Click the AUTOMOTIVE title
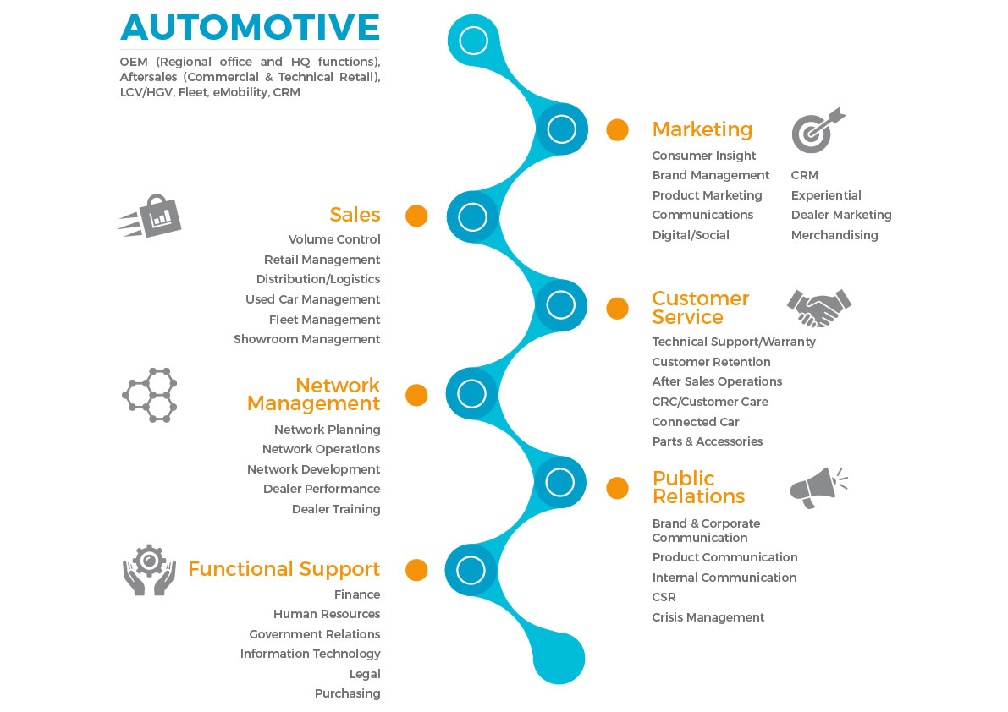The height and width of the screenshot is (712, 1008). click(x=250, y=27)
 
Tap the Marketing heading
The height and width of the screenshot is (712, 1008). click(x=702, y=129)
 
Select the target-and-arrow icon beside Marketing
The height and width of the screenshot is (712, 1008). click(x=818, y=129)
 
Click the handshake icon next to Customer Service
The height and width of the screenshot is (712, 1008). click(x=818, y=308)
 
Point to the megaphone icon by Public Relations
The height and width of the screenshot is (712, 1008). click(x=818, y=487)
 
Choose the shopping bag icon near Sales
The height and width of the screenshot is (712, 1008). click(x=151, y=217)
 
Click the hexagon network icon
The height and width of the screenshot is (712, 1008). click(x=150, y=395)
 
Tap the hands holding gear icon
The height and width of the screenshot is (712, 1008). click(x=149, y=570)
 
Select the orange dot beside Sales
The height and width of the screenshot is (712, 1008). click(x=416, y=216)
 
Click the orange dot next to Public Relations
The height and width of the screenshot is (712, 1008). click(x=618, y=488)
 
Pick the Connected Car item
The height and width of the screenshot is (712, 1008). click(x=695, y=422)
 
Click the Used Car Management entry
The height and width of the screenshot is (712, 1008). click(x=312, y=299)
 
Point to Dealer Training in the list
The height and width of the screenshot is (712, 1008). click(x=336, y=509)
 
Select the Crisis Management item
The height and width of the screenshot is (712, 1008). click(x=708, y=617)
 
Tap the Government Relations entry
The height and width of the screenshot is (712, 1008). click(x=314, y=634)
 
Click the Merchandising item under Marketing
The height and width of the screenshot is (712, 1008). click(x=834, y=235)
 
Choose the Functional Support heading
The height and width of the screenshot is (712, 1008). click(x=284, y=569)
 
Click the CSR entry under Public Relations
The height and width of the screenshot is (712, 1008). click(x=664, y=597)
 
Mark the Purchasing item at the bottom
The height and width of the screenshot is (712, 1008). click(x=347, y=693)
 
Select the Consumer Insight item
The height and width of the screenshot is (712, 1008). click(x=703, y=156)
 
